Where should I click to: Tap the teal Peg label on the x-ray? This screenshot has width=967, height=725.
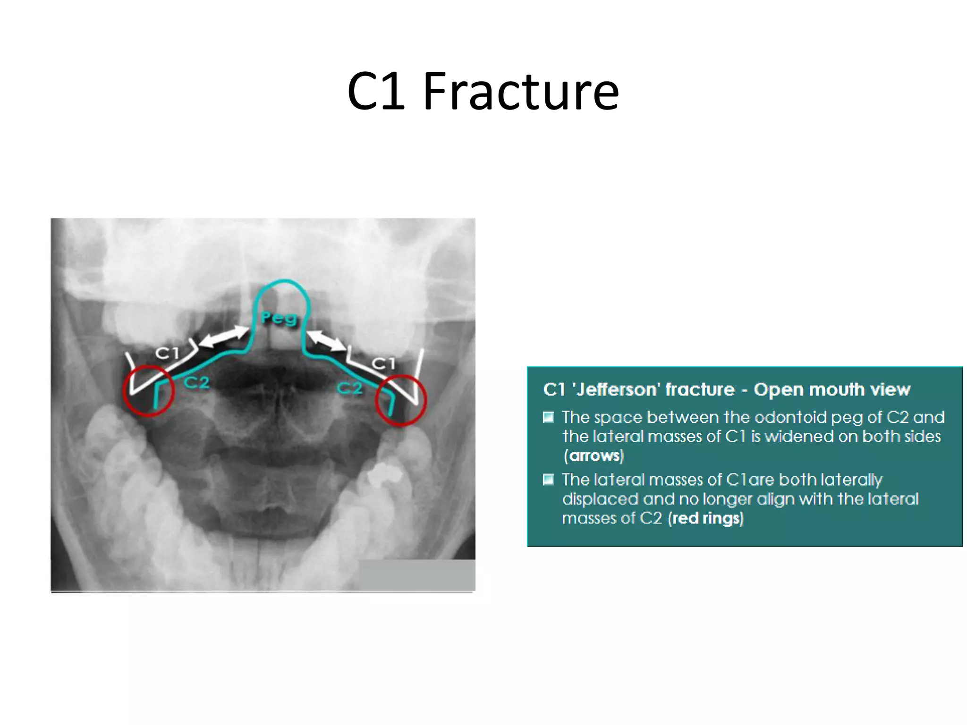coord(279,319)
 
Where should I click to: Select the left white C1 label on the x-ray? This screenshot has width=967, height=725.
coord(168,353)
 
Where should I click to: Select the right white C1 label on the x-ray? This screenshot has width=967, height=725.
coord(383,363)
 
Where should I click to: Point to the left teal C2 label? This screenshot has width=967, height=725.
coord(196,382)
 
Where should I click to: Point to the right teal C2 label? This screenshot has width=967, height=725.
coord(350,388)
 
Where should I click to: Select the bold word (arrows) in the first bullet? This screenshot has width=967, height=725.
coord(594,456)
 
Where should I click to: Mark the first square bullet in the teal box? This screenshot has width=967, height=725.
coord(548,417)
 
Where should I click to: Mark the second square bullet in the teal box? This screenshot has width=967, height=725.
coord(548,480)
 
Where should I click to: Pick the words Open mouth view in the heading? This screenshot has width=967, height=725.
coord(832,390)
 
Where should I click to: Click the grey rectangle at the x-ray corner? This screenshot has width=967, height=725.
coord(417,575)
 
